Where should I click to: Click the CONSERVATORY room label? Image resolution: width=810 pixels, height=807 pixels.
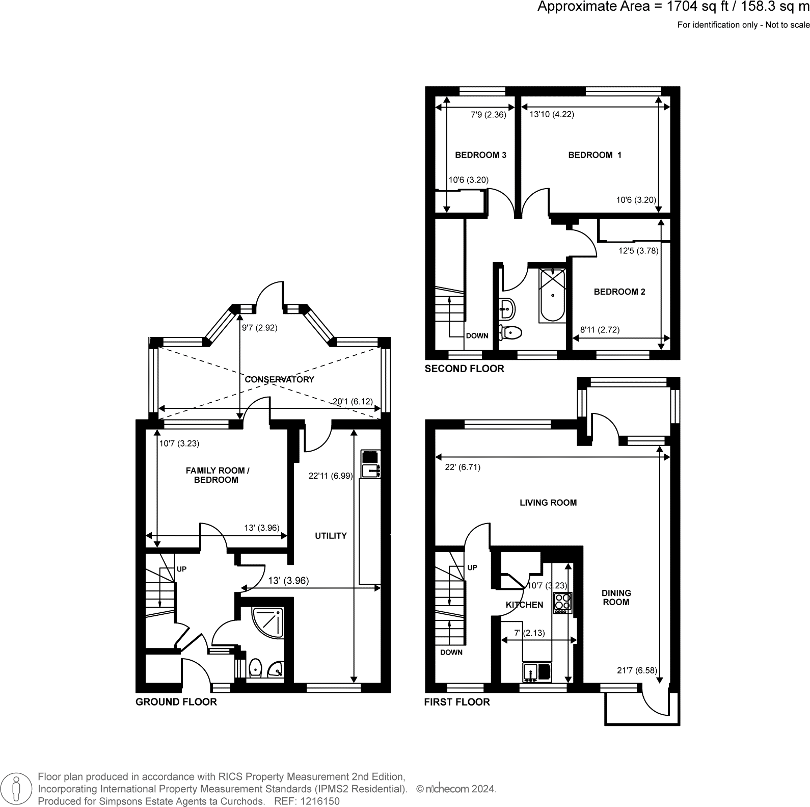click(x=279, y=379)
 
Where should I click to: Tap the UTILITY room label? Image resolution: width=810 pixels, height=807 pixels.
click(x=331, y=536)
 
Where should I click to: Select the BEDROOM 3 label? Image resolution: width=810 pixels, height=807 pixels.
click(x=480, y=155)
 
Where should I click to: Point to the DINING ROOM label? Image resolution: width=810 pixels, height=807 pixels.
click(x=616, y=597)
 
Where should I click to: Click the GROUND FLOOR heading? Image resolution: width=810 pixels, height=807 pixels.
click(x=176, y=702)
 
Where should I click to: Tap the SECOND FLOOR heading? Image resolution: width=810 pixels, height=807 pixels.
click(x=464, y=369)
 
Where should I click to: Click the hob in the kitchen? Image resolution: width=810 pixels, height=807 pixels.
click(x=563, y=603)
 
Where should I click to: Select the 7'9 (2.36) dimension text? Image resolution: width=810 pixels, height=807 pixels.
click(x=488, y=115)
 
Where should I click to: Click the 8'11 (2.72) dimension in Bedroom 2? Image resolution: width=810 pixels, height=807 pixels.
click(x=600, y=330)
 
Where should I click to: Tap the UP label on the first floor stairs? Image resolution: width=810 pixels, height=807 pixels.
click(x=472, y=567)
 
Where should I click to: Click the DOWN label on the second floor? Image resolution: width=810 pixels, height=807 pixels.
click(x=477, y=336)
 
